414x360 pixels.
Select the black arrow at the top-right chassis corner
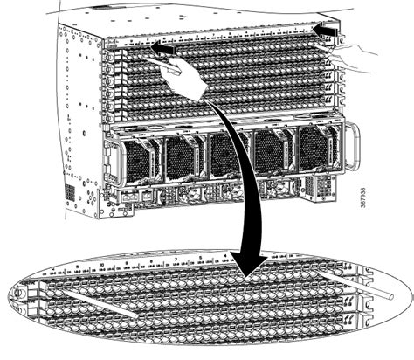coord(325,31)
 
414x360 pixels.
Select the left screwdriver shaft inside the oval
coord(97,302)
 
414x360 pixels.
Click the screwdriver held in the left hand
coord(171,61)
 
